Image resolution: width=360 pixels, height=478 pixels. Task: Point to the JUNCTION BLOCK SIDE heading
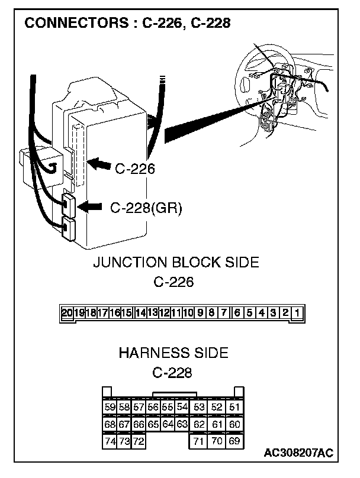176,262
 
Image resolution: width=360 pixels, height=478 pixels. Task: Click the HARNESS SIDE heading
173,353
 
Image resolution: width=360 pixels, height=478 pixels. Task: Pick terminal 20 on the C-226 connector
67,312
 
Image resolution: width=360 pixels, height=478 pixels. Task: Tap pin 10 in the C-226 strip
189,312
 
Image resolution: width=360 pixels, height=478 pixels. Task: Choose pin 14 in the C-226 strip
140,312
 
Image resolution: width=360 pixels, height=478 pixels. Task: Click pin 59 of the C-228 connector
110,407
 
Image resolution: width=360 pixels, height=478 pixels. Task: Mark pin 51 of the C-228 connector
234,407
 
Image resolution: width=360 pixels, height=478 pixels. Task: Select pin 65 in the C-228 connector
153,424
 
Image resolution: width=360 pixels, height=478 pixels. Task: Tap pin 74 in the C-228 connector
110,441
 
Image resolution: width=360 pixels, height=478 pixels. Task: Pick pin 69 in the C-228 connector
234,441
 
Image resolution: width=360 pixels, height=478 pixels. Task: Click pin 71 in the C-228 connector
199,441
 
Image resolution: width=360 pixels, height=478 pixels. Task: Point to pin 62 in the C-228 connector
199,424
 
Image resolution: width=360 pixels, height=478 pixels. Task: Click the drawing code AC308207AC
298,453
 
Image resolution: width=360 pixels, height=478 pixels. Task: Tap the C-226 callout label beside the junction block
134,169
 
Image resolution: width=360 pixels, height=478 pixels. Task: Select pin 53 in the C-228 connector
199,407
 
